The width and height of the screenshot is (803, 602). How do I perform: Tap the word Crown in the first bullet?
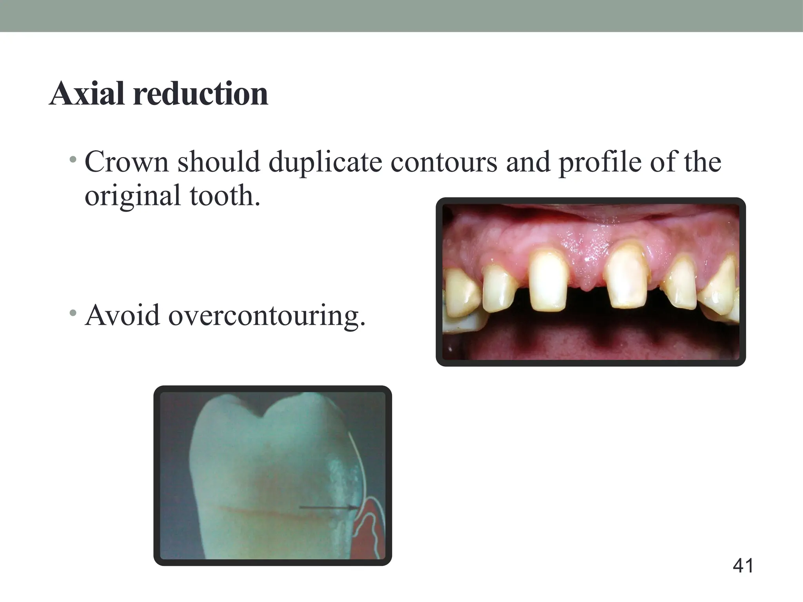pyautogui.click(x=126, y=162)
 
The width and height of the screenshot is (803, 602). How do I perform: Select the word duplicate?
pyautogui.click(x=325, y=162)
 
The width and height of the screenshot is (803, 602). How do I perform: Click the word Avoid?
pyautogui.click(x=122, y=316)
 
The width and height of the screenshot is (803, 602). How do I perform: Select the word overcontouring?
pyautogui.click(x=267, y=316)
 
